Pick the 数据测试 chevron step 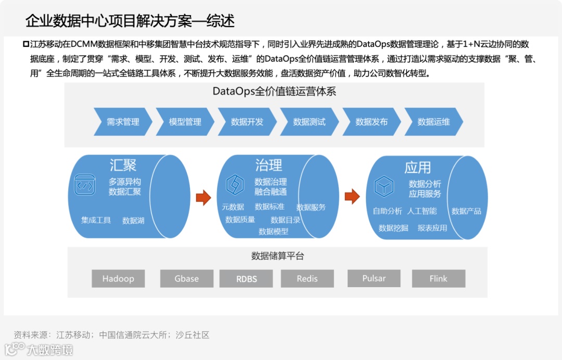pyautogui.click(x=309, y=122)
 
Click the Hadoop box pyautogui.click(x=118, y=278)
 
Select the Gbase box pyautogui.click(x=187, y=278)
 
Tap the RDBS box pyautogui.click(x=247, y=278)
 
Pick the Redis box pyautogui.click(x=307, y=278)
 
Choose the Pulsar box pyautogui.click(x=374, y=278)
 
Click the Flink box pyautogui.click(x=438, y=278)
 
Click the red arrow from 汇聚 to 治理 pyautogui.click(x=203, y=197)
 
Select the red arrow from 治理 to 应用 pyautogui.click(x=352, y=196)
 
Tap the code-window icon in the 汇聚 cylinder pyautogui.click(x=84, y=185)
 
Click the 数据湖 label pyautogui.click(x=133, y=221)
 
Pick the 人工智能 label pyautogui.click(x=422, y=211)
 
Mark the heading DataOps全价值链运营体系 pyautogui.click(x=274, y=92)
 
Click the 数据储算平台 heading pyautogui.click(x=277, y=256)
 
